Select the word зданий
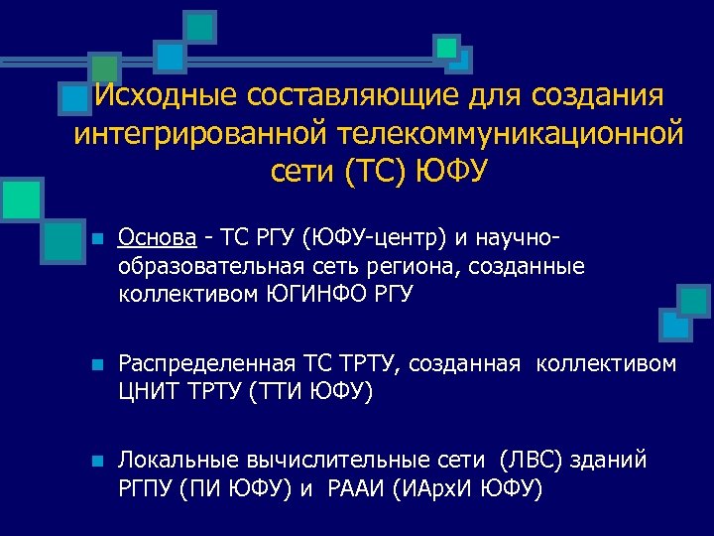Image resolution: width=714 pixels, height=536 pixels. coord(615,461)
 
